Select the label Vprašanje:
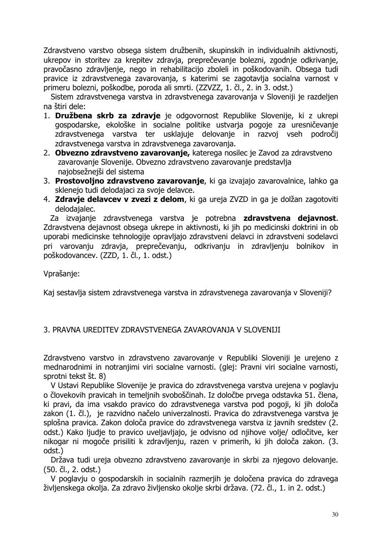point(62,274)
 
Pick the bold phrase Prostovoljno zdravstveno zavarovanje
point(129,181)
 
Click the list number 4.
point(46,199)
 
